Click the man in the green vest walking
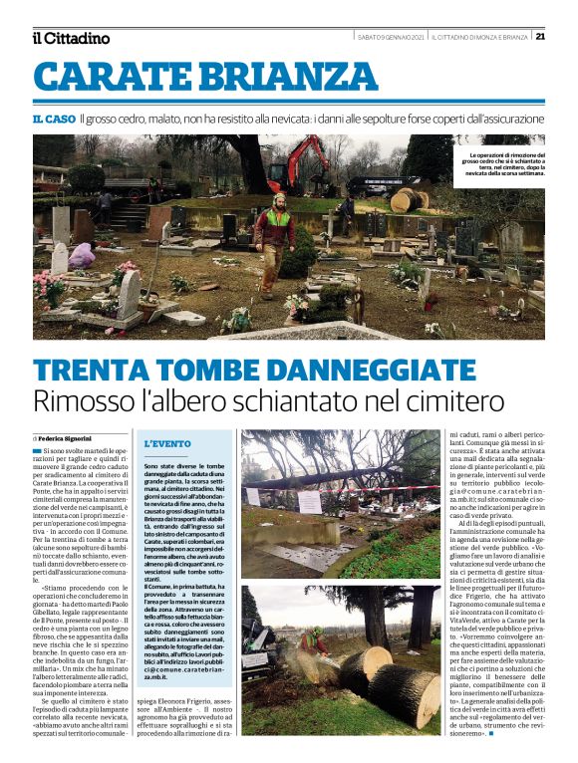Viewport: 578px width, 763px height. (273, 243)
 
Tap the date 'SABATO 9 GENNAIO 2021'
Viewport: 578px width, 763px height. (392, 37)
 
